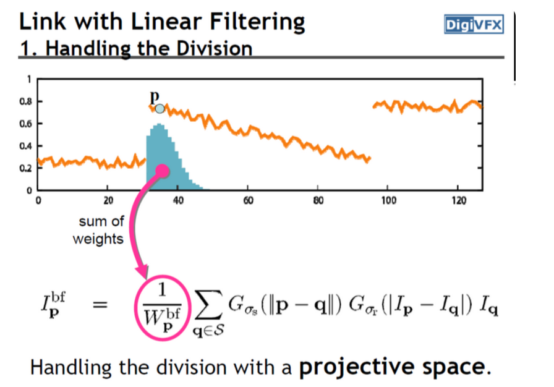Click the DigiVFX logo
point(474,24)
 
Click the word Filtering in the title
point(257,22)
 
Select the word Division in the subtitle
point(215,48)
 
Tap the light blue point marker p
point(160,108)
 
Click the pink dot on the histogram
point(162,171)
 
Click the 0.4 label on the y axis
point(25,145)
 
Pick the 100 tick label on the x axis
point(388,200)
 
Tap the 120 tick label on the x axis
point(459,200)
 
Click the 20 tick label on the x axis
point(108,200)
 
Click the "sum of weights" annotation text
point(98,230)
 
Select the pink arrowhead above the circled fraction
point(142,271)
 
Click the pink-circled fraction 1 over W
point(162,307)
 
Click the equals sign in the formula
point(100,304)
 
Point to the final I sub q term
point(489,306)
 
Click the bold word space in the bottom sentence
point(454,368)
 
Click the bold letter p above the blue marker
point(155,96)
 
